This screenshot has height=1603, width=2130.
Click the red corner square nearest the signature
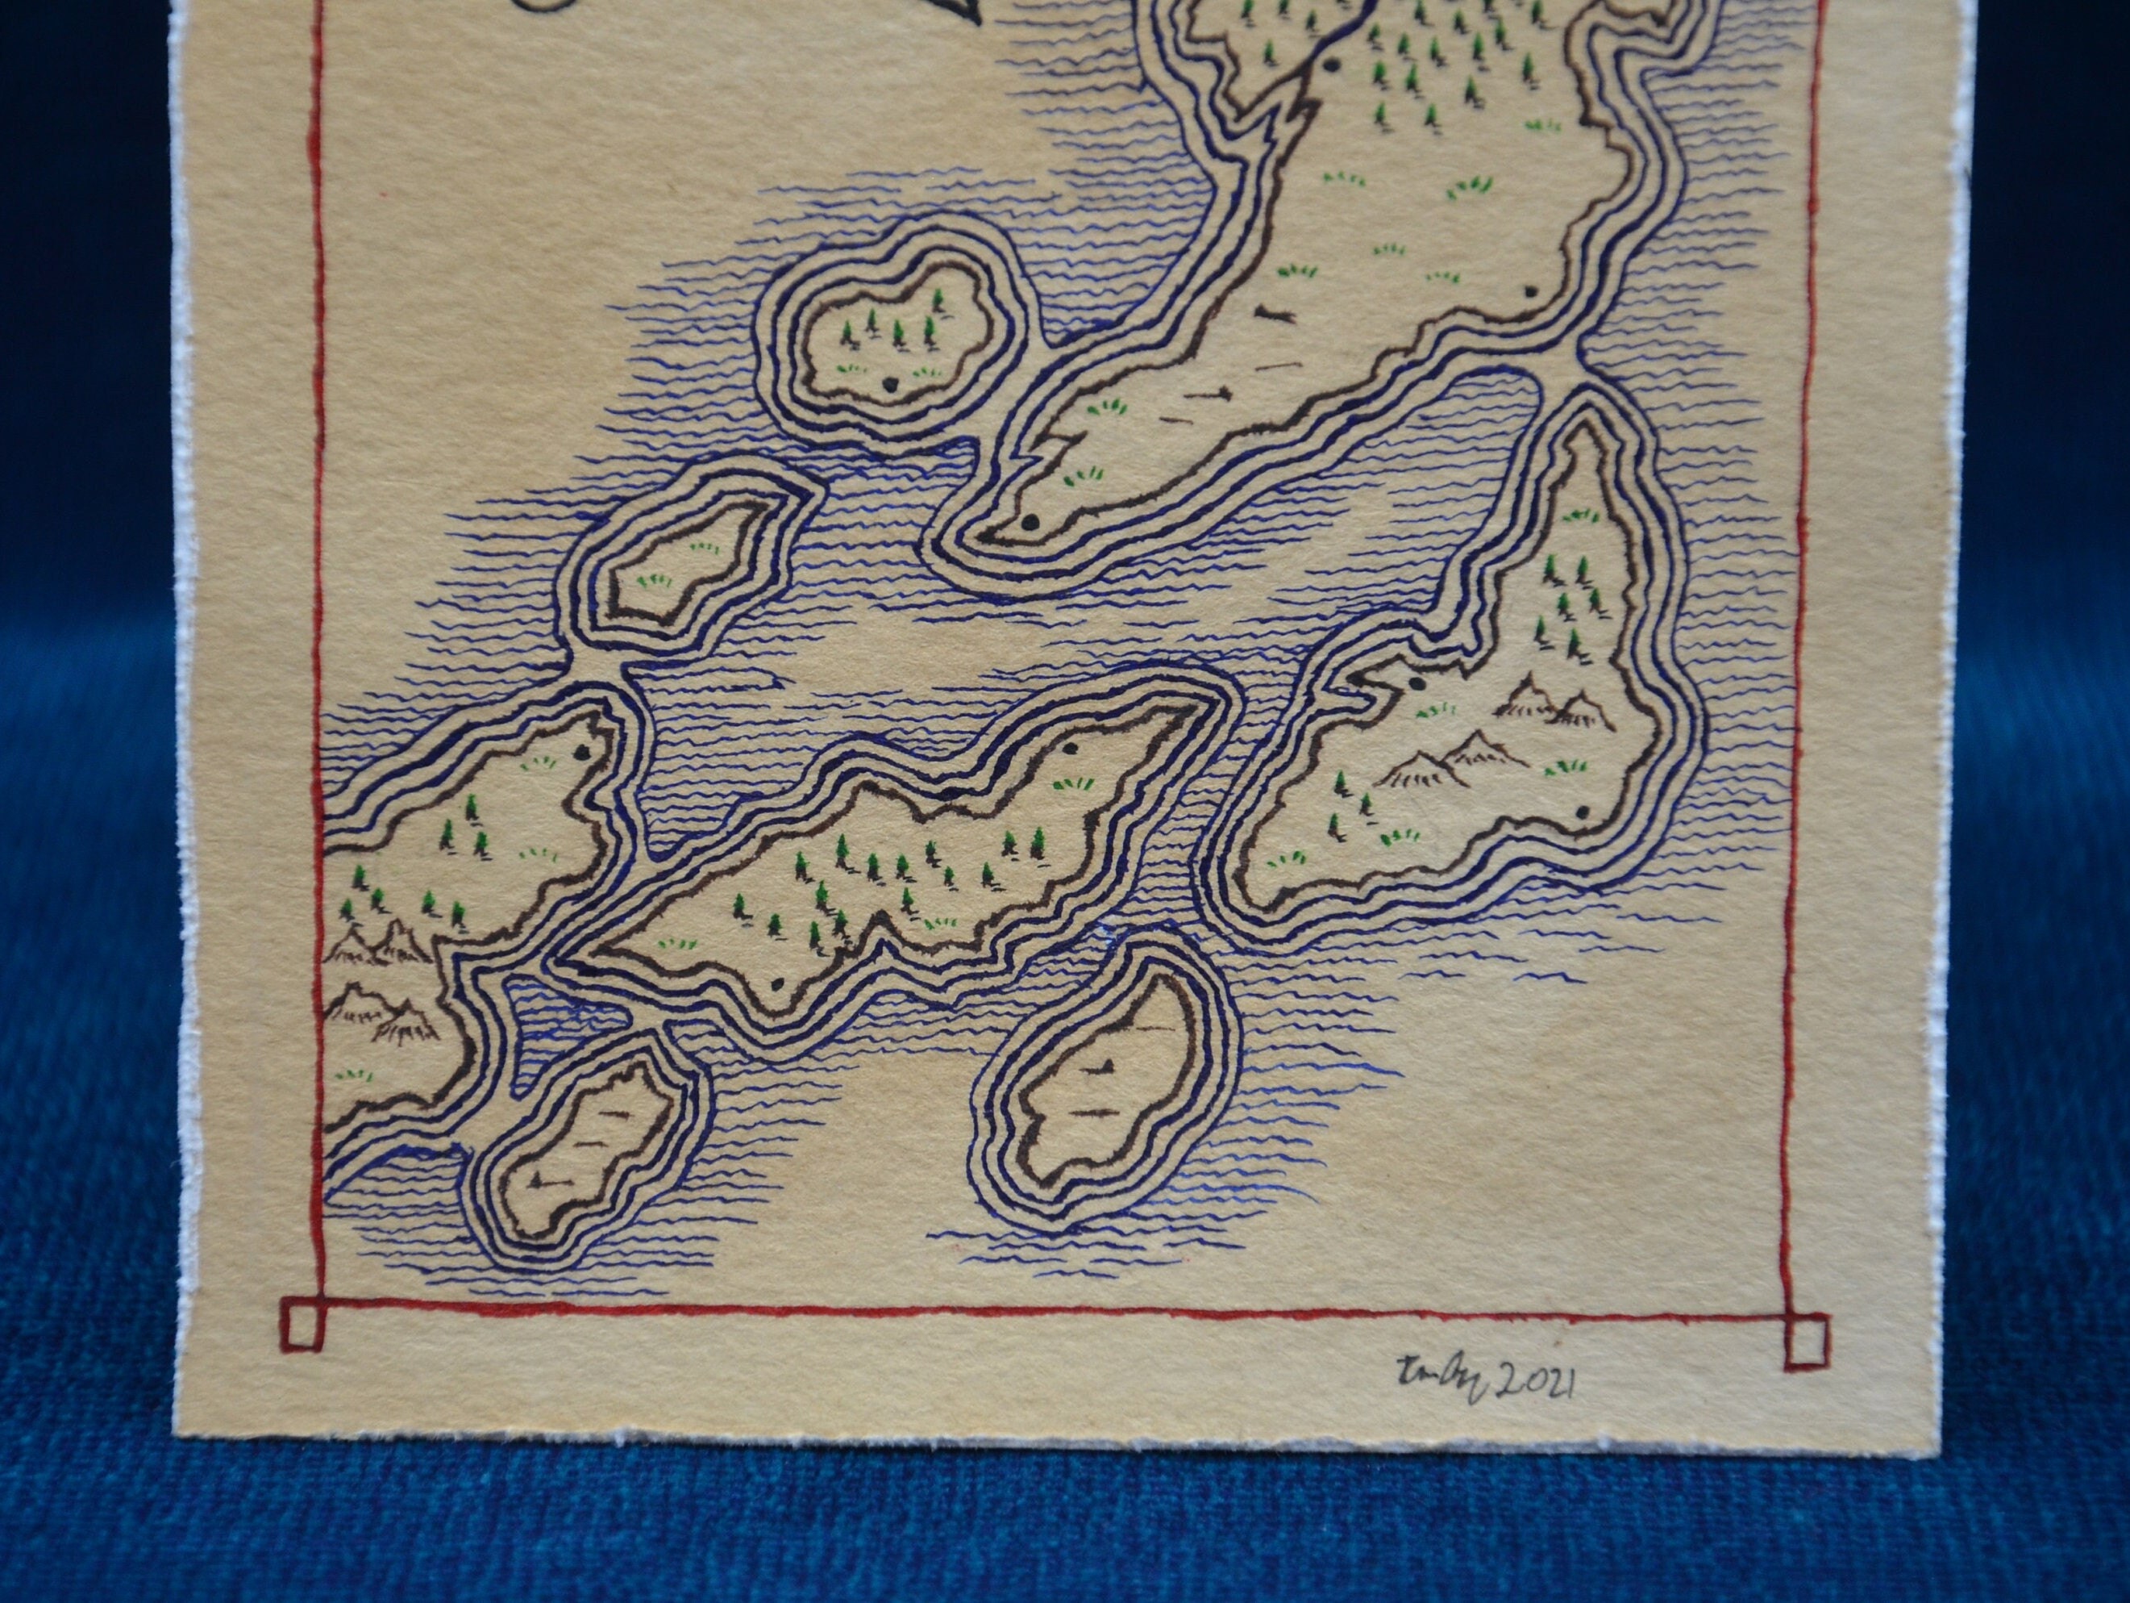[1805, 1341]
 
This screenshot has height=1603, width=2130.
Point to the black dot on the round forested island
[888, 382]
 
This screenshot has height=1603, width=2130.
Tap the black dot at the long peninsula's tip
[1030, 522]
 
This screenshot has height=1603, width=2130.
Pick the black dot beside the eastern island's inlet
[1417, 683]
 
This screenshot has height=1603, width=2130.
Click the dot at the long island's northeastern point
[1070, 749]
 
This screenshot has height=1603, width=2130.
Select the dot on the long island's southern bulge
[776, 984]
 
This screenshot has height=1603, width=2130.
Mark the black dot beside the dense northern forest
[1333, 65]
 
